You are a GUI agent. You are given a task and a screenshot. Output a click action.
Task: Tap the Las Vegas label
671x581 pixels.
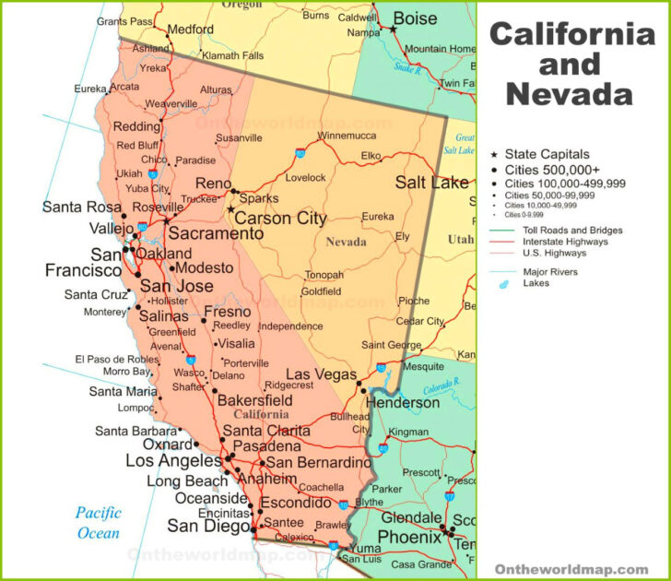[323, 373]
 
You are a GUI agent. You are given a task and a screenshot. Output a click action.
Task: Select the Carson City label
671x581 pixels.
[280, 219]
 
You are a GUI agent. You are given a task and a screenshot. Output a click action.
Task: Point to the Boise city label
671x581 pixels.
[415, 18]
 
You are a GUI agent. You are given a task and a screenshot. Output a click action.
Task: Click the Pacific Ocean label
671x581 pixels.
[98, 523]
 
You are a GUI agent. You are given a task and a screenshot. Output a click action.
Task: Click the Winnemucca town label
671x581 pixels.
[347, 136]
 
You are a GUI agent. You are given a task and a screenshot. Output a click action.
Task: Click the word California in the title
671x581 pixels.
[572, 35]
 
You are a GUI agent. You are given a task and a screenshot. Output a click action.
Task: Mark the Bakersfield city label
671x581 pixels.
[254, 401]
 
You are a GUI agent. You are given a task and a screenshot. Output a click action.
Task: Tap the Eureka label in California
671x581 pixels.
[90, 89]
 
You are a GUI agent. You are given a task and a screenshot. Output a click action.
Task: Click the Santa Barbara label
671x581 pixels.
[135, 431]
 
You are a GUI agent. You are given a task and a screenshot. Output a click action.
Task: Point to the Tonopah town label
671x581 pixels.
[324, 275]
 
